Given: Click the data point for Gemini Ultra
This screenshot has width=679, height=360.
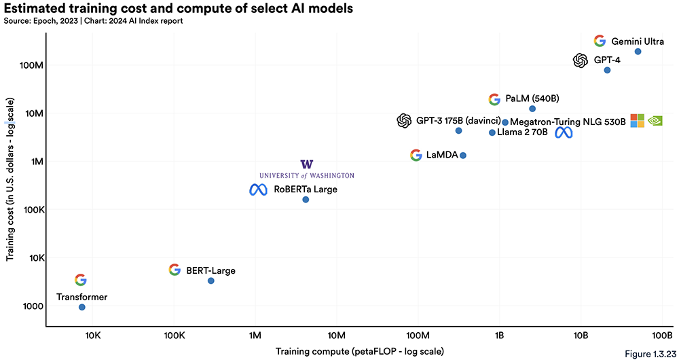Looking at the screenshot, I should coord(638,52).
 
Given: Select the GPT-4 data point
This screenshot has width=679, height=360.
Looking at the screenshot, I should coord(607,70).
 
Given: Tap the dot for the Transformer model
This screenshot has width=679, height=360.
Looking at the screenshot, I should coord(82,307).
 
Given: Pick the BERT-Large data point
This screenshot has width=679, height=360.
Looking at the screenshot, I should coord(211,281).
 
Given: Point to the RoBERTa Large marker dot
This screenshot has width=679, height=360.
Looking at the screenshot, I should coord(306,199).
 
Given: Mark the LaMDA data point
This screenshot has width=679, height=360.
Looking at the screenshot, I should coord(463,156).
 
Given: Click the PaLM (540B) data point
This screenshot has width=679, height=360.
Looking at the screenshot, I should coord(532,109).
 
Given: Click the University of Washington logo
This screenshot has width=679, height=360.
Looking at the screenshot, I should coord(307,169).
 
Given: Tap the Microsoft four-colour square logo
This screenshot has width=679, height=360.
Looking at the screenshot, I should coord(637,121).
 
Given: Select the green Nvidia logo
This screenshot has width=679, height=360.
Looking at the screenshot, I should coord(655,121).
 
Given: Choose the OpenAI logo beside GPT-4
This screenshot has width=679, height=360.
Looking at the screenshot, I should coord(580,60).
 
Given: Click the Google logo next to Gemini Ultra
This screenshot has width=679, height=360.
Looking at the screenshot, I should coord(600,41).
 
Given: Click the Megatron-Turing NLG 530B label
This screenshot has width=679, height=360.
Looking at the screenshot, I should coord(567,122).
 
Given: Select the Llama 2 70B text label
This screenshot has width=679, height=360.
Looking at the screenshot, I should coord(522,132).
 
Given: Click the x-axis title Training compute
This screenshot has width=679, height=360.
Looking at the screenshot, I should coord(360,351).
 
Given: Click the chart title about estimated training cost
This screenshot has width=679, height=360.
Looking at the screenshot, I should coord(179,10).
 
